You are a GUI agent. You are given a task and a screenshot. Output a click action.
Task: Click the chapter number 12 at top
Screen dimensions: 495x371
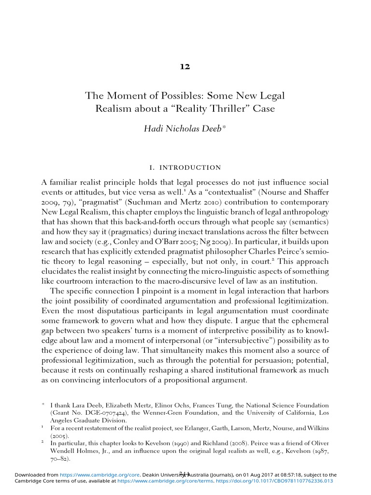(x=185, y=67)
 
